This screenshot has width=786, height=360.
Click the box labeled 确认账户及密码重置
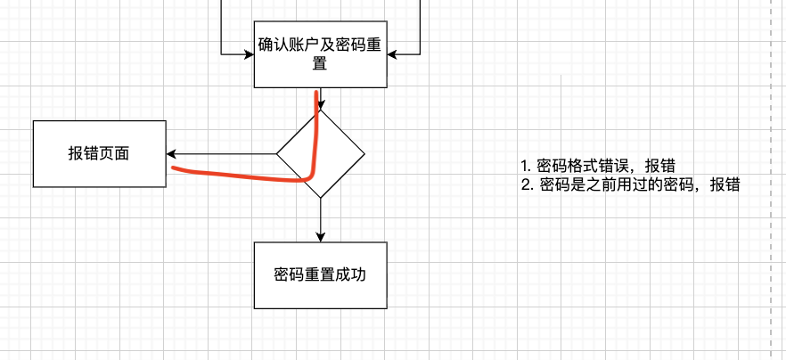click(x=320, y=54)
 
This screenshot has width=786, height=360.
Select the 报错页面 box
click(x=99, y=153)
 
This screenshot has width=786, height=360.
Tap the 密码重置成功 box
click(x=320, y=275)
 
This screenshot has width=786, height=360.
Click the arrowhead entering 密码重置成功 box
click(x=320, y=237)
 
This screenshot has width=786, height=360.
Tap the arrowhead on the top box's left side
click(x=250, y=53)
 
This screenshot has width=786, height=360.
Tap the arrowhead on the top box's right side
click(x=391, y=53)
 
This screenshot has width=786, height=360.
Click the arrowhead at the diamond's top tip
click(x=321, y=104)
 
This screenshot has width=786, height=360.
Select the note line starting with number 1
click(x=597, y=166)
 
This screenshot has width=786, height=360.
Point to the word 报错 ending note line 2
click(x=725, y=185)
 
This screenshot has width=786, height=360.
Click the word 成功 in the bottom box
click(x=350, y=275)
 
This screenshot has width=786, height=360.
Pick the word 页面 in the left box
click(x=114, y=153)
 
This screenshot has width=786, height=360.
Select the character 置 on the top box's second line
click(x=320, y=64)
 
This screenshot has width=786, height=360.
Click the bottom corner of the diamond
click(x=320, y=197)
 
